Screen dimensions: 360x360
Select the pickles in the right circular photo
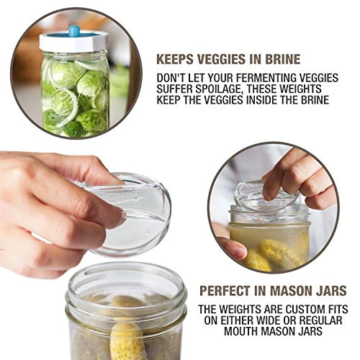coord(274,253)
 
